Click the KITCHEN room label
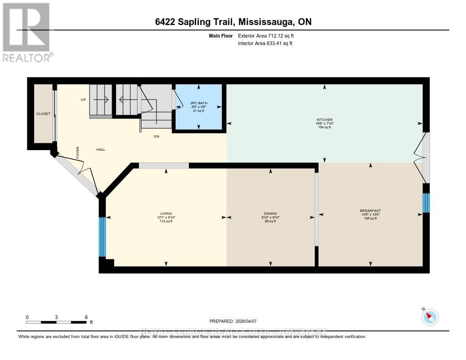click(324, 120)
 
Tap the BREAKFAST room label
click(370, 211)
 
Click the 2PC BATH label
click(198, 103)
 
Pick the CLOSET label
click(43, 113)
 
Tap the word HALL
click(101, 149)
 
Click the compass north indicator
click(430, 317)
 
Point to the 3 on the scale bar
click(56, 317)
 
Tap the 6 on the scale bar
click(86, 317)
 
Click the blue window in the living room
click(102, 237)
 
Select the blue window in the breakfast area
click(426, 203)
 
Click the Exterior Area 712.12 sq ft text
click(269, 35)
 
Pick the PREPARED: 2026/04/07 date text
click(236, 321)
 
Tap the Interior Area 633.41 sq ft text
click(265, 43)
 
